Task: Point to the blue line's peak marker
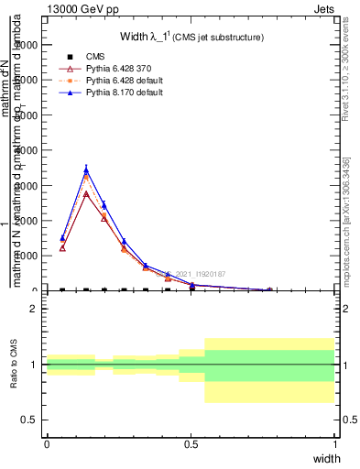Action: coord(86,169)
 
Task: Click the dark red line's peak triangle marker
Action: coord(86,193)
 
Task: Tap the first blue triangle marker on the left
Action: coord(62,238)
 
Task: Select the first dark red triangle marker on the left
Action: coord(62,247)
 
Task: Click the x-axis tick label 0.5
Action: coord(191,443)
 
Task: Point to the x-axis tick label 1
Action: coord(335,443)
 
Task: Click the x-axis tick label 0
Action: coord(47,443)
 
